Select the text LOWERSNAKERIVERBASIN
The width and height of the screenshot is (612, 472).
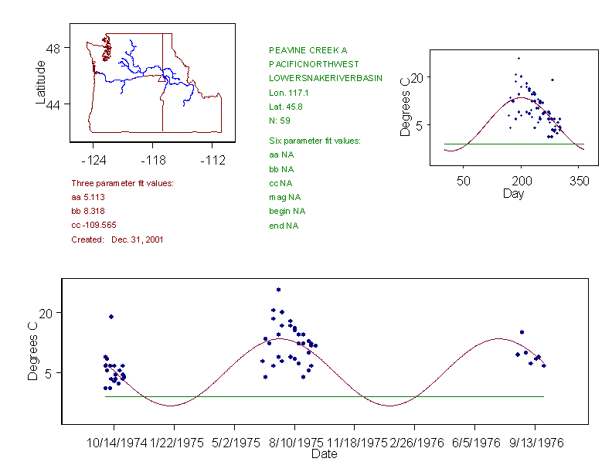tap(325, 79)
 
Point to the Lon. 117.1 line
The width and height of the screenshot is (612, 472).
tap(287, 93)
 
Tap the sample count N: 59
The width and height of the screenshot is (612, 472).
tap(280, 121)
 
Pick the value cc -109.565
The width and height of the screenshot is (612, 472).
tap(99, 225)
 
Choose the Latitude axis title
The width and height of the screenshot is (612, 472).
tap(40, 82)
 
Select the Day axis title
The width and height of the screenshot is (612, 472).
tap(513, 193)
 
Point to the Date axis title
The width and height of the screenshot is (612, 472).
tap(324, 454)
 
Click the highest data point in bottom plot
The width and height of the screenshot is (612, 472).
tap(278, 290)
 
